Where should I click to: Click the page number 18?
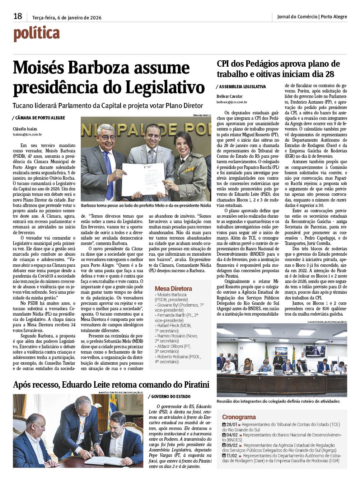click(x=18, y=16)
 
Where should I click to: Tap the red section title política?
click(x=36, y=34)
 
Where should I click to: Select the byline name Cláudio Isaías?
click(x=25, y=129)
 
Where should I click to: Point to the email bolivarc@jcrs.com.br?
click(x=232, y=102)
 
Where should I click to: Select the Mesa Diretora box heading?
click(x=173, y=288)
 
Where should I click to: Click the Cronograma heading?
click(x=239, y=417)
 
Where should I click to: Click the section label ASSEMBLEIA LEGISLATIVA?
click(x=242, y=87)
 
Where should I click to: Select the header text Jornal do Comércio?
click(x=297, y=16)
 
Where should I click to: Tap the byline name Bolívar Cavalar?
click(x=229, y=96)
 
